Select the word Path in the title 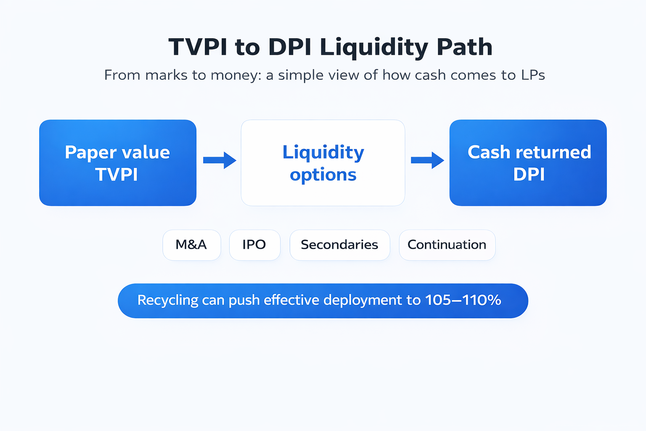coord(464,46)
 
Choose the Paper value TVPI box coord(118,163)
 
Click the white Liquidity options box coord(323,163)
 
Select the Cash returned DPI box coord(528,163)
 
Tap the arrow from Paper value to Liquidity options coord(220,160)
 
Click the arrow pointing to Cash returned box coord(427,160)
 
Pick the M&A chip coord(192,245)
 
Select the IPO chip coord(254,245)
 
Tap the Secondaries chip coord(340,245)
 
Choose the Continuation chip coord(447,245)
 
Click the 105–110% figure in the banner coord(463,300)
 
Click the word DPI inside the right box coord(529,174)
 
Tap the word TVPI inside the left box coord(117,174)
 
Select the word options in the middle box coord(323,175)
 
